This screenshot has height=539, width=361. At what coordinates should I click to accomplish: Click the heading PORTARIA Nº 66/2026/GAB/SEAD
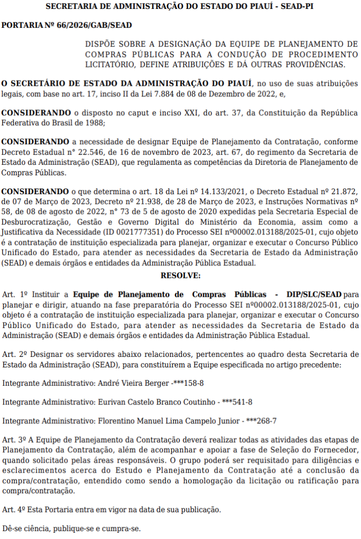click(67, 25)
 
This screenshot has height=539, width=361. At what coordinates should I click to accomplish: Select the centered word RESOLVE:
click(180, 275)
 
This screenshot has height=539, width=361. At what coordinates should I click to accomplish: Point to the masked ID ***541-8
click(237, 402)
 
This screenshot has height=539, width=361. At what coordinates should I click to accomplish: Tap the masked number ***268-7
click(262, 421)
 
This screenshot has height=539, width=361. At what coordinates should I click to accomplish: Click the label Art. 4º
click(14, 510)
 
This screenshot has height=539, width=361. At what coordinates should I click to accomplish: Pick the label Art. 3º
click(14, 439)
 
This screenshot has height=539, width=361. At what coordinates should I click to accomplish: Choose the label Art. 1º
click(14, 293)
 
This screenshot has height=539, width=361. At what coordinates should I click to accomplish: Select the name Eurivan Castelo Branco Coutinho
click(157, 402)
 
